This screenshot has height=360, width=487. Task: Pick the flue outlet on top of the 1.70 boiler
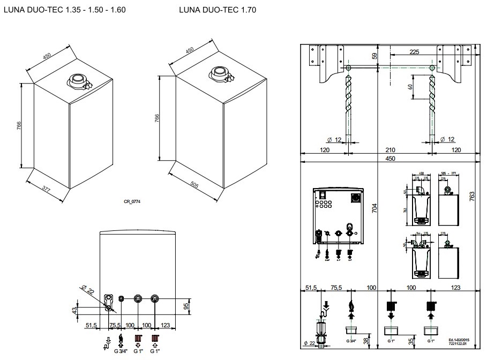221,73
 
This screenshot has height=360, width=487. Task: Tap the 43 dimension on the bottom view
76,310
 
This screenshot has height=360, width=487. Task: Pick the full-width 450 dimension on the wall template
390,159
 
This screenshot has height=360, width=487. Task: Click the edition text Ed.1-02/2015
459,340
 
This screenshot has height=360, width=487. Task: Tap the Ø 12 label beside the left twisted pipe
334,140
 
